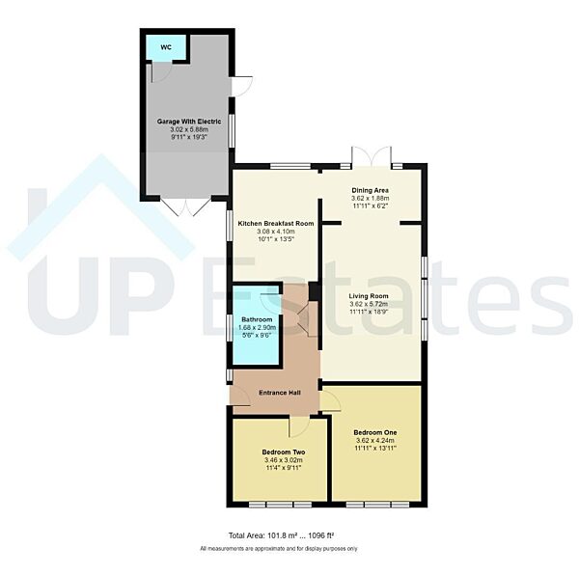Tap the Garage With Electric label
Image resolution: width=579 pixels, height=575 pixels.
click(189, 122)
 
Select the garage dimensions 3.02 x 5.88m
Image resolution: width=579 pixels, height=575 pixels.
click(189, 131)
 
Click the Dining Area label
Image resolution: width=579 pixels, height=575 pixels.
click(369, 190)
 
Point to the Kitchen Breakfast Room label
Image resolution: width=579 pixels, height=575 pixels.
click(274, 223)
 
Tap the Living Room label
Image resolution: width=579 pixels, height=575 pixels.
click(369, 296)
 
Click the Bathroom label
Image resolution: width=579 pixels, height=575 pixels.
click(257, 318)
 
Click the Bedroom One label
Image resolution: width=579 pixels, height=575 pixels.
click(374, 431)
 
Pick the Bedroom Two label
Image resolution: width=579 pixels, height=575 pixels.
click(284, 452)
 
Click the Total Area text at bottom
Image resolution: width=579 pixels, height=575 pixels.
click(281, 535)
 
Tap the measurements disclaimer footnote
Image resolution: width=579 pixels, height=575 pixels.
click(279, 548)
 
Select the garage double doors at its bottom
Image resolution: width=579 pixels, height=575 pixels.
click(184, 206)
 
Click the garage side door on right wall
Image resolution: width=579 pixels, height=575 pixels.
click(241, 85)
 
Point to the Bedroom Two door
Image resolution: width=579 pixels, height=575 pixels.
click(299, 426)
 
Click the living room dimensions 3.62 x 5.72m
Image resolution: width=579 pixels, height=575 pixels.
click(369, 306)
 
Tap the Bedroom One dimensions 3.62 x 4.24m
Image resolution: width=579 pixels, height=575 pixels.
click(374, 441)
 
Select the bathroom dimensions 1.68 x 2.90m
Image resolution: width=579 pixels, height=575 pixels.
click(257, 328)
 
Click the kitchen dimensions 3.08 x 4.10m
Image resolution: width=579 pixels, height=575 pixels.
click(274, 233)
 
